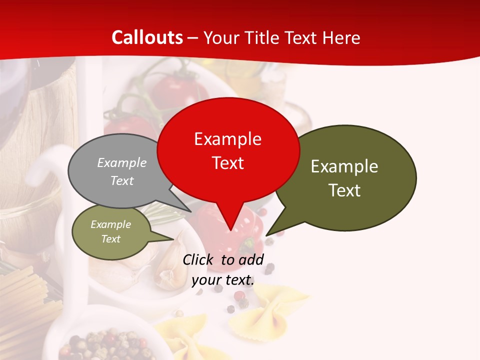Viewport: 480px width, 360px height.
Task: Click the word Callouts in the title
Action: point(147,37)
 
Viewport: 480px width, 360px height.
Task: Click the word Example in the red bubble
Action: point(227,138)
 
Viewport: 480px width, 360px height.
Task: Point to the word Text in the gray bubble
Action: point(122,180)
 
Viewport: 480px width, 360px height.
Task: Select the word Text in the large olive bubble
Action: point(344,190)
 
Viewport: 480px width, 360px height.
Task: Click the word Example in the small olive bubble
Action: point(110,224)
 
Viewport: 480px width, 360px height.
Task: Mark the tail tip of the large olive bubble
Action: point(266,235)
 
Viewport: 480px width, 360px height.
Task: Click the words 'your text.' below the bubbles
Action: point(223,280)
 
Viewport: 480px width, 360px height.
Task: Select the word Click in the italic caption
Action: point(198,259)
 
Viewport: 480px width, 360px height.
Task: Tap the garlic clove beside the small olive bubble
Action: point(170,265)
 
